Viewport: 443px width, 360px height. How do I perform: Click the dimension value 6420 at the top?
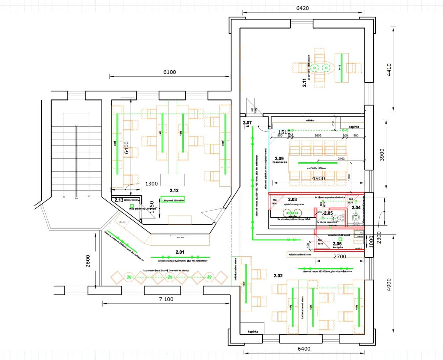(302, 8)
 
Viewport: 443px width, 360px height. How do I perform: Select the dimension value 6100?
(169, 72)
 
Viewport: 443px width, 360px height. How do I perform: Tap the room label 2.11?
(304, 83)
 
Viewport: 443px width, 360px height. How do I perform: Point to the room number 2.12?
(174, 191)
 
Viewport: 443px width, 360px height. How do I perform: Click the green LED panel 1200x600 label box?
(173, 200)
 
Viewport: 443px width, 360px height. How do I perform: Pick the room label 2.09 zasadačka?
(279, 160)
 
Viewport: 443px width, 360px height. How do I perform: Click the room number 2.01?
(180, 252)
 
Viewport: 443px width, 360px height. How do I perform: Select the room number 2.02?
(278, 276)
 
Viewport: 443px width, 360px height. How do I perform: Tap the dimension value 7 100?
(166, 299)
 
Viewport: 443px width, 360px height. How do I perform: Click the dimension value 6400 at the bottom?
(304, 349)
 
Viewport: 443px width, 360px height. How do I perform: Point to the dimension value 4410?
(389, 70)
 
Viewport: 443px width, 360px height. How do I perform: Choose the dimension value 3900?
(382, 155)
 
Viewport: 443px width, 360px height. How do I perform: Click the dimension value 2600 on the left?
(88, 261)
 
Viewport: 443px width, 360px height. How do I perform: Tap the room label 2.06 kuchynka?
(337, 245)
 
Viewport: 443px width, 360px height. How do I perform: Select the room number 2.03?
(292, 200)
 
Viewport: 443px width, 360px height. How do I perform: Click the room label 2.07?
(247, 123)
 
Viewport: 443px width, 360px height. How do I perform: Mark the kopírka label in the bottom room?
(253, 332)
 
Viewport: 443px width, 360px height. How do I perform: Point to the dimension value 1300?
(151, 184)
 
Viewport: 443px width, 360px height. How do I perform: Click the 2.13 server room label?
(119, 200)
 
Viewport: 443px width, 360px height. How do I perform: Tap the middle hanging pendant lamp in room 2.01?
(170, 277)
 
